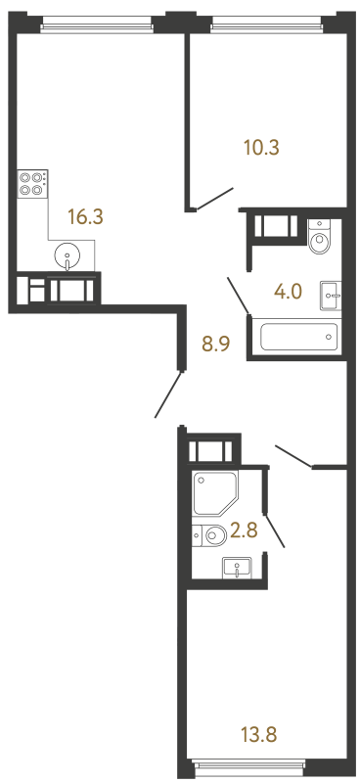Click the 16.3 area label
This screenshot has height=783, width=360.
(85, 217)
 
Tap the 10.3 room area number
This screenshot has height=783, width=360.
(261, 148)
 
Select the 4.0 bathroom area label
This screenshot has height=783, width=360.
(289, 291)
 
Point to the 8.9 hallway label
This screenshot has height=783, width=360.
(214, 344)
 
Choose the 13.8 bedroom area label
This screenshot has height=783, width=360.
(258, 734)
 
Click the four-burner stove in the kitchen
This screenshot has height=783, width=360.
(31, 183)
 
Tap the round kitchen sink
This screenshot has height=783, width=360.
(67, 255)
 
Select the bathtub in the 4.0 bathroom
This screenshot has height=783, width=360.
(299, 338)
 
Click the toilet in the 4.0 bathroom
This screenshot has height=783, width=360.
(319, 238)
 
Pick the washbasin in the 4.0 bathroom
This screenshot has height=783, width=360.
(331, 296)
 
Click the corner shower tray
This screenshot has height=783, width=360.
(215, 493)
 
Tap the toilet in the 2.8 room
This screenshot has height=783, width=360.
(209, 535)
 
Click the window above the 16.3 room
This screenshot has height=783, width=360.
(97, 23)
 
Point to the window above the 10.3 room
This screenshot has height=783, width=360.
(267, 23)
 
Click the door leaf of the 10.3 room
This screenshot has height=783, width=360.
(214, 199)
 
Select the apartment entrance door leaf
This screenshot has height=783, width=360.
(169, 394)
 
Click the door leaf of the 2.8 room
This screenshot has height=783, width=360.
(275, 530)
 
